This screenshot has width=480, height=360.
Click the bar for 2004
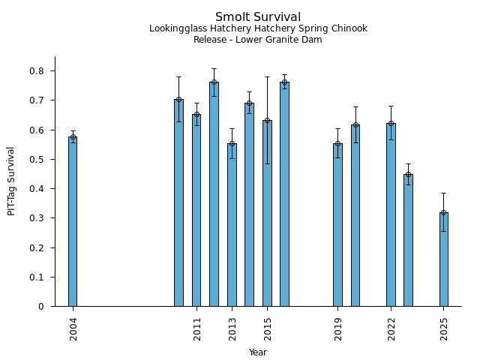pyautogui.click(x=73, y=221)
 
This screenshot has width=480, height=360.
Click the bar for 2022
pyautogui.click(x=391, y=214)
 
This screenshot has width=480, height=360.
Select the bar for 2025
pyautogui.click(x=444, y=259)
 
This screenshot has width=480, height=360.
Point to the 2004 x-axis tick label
pyautogui.click(x=73, y=329)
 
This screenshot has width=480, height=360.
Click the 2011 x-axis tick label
pyautogui.click(x=197, y=329)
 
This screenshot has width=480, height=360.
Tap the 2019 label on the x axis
pyautogui.click(x=338, y=329)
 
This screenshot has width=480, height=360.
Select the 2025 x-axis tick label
pyautogui.click(x=445, y=329)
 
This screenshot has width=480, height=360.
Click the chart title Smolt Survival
pyautogui.click(x=258, y=17)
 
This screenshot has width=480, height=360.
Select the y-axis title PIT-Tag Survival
pyautogui.click(x=11, y=181)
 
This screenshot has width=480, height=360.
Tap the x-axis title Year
pyautogui.click(x=258, y=352)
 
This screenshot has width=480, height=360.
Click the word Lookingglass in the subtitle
pyautogui.click(x=177, y=29)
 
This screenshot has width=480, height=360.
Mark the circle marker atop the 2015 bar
pyautogui.click(x=267, y=120)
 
